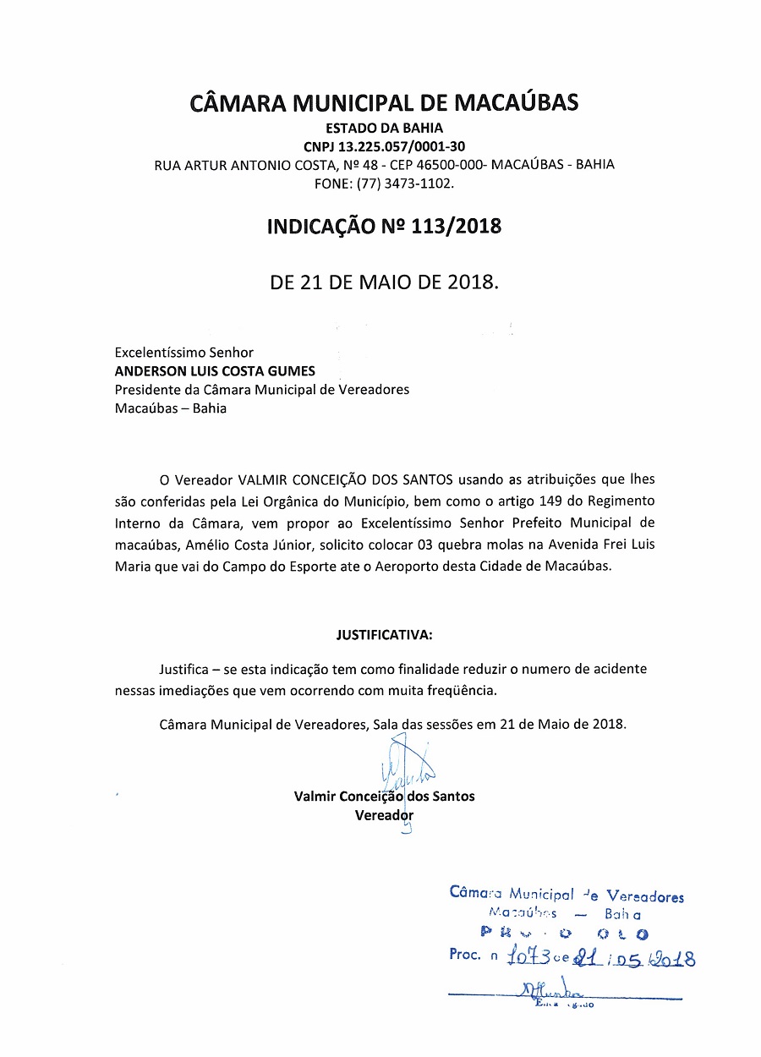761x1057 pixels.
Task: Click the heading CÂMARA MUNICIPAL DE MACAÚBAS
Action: coord(384,103)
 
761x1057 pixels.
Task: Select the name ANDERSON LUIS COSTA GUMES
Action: coord(215,371)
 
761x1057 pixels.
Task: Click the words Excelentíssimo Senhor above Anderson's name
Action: coord(183,353)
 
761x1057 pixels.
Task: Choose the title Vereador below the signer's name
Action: coord(384,815)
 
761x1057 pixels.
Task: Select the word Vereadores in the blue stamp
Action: coord(646,896)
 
